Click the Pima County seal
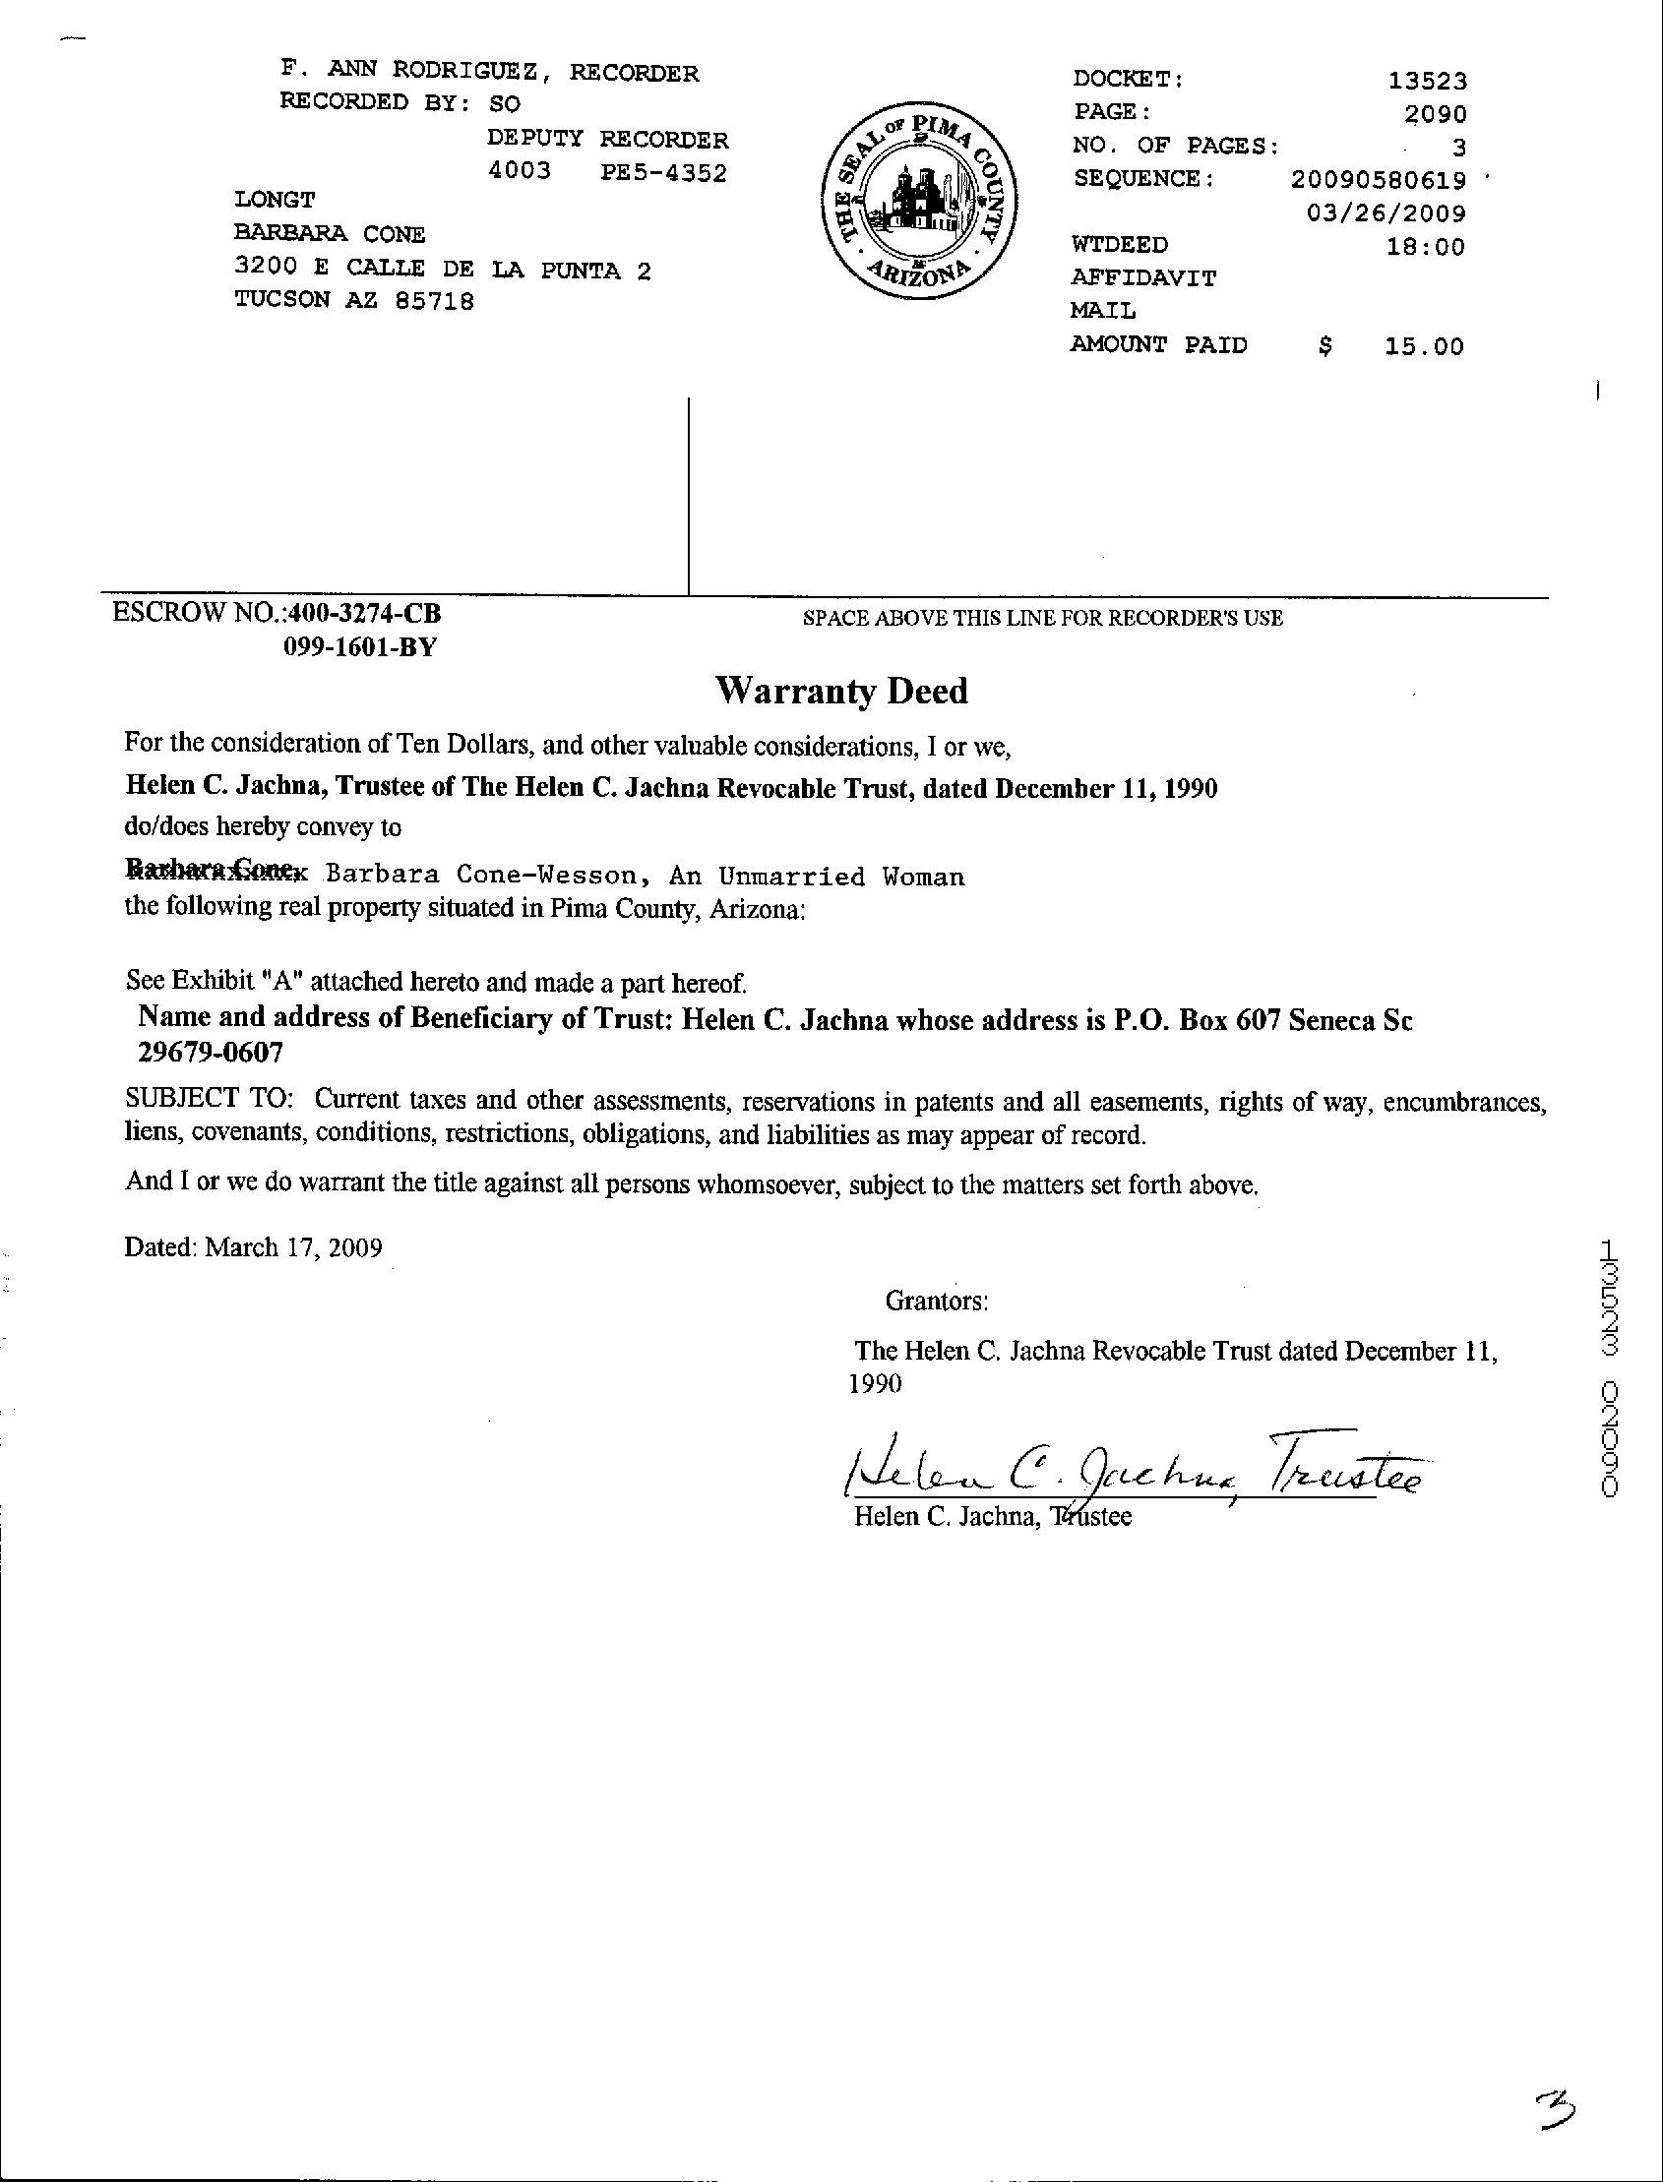[915, 205]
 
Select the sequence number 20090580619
[1378, 179]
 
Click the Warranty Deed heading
[841, 691]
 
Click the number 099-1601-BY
[360, 647]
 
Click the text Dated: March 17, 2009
[254, 1246]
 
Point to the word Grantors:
[937, 1301]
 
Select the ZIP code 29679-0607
[210, 1053]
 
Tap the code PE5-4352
[664, 173]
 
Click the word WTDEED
[1120, 244]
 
